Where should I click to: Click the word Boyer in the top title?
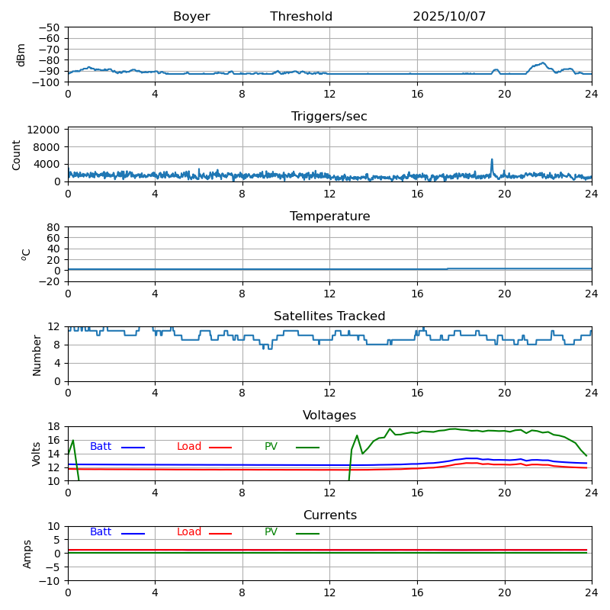click(191, 17)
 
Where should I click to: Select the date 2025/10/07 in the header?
click(449, 17)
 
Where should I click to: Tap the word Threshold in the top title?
click(301, 17)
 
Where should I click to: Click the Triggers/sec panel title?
click(329, 117)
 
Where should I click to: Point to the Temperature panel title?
click(329, 217)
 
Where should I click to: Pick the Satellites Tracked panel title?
click(329, 316)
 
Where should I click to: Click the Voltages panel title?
click(329, 416)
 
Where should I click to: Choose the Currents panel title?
click(329, 515)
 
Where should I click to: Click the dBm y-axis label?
click(21, 54)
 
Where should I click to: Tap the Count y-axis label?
click(17, 154)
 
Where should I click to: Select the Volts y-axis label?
click(37, 454)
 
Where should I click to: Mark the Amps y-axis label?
click(27, 554)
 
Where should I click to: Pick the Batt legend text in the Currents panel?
click(101, 532)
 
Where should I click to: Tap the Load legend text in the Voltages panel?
click(189, 447)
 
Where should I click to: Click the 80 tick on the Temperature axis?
click(53, 227)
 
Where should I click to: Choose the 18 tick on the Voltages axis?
click(56, 427)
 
